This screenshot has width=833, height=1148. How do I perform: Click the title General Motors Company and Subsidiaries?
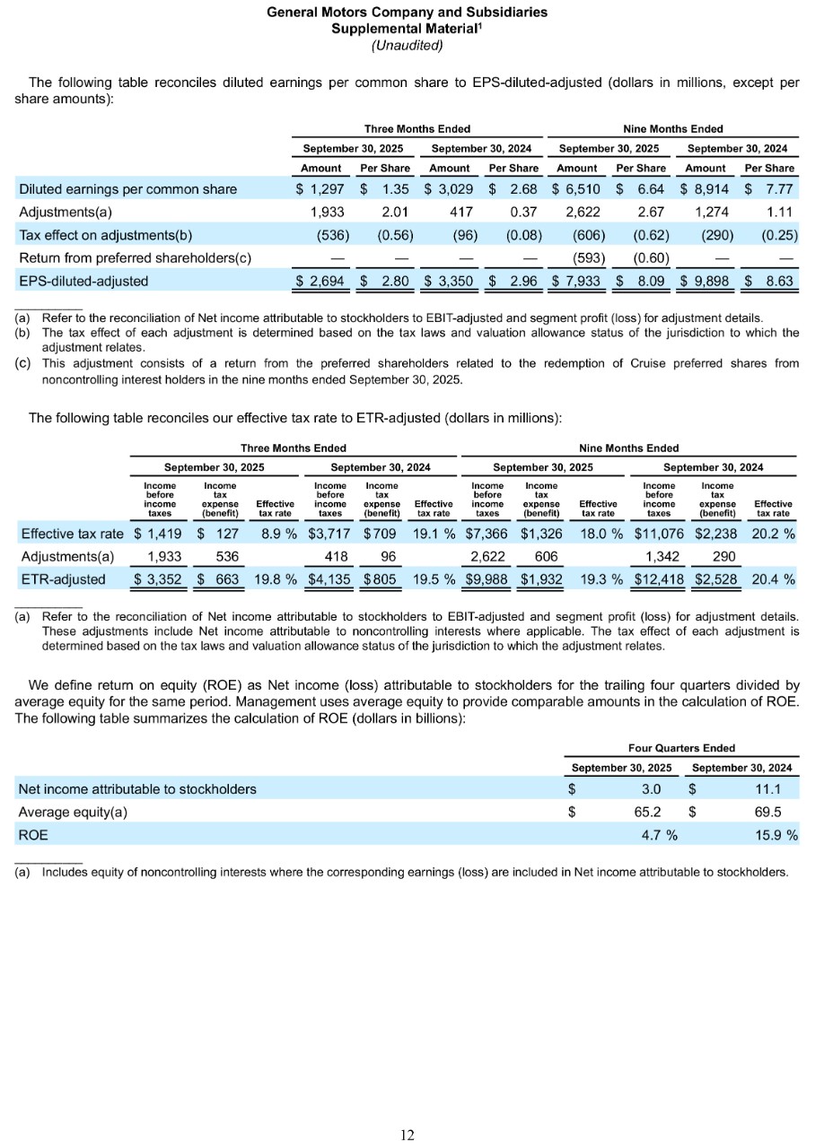click(x=408, y=13)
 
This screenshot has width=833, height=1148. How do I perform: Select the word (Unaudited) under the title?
click(x=408, y=45)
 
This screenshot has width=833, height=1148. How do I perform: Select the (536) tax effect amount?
click(x=316, y=236)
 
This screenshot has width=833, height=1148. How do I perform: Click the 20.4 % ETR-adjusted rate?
click(x=774, y=579)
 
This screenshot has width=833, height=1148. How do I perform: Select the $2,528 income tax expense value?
click(x=715, y=579)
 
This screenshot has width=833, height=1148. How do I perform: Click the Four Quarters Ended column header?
click(x=681, y=747)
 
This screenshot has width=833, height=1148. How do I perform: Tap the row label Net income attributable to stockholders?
click(x=137, y=789)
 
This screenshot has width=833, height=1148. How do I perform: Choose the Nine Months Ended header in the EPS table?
click(x=672, y=129)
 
